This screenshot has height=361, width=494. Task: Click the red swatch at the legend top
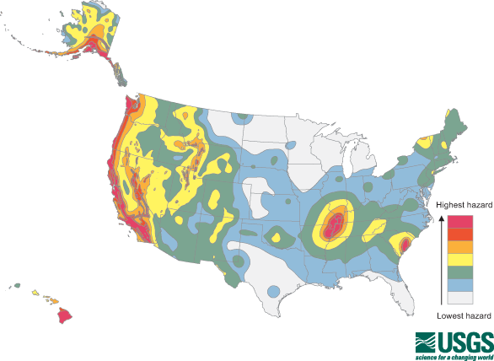(x=459, y=221)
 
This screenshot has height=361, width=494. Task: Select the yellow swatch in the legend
(x=459, y=259)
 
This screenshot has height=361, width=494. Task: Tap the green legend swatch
(x=459, y=272)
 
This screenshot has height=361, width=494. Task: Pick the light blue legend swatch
(x=459, y=284)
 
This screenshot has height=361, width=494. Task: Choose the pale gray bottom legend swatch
(x=459, y=297)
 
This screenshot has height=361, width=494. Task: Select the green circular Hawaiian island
(x=18, y=287)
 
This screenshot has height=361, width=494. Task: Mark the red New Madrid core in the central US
(x=334, y=225)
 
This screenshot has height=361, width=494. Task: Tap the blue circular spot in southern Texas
(x=273, y=292)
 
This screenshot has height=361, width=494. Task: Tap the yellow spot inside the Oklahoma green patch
(x=277, y=237)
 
